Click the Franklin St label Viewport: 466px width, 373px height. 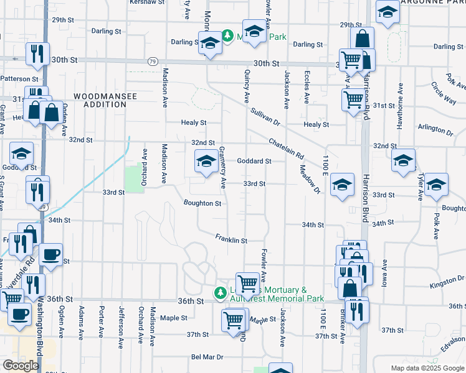(232, 239)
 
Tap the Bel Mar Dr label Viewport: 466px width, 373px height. (207, 358)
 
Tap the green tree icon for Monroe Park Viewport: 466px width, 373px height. (228, 36)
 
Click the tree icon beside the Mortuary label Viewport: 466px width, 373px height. (220, 292)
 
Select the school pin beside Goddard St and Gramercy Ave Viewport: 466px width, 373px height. (206, 163)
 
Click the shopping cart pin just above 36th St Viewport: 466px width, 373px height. (248, 283)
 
